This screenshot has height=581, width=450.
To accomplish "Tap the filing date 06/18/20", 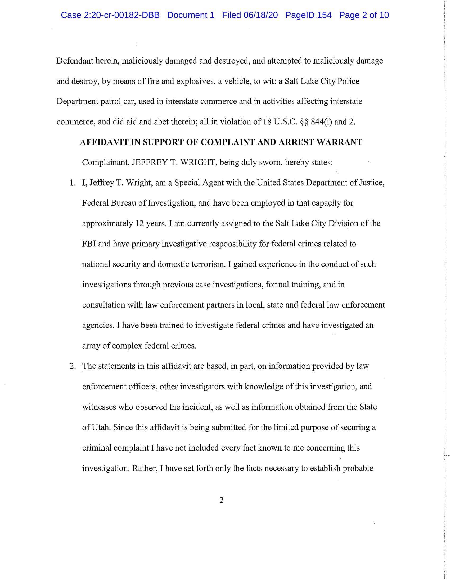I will coord(260,15).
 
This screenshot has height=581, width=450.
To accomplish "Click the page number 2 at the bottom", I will coord(221,500).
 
